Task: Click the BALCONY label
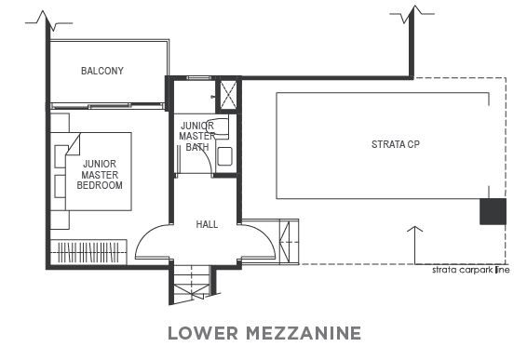pyautogui.click(x=102, y=71)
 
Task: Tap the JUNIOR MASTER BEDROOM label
pyautogui.click(x=100, y=175)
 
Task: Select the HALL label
pyautogui.click(x=207, y=224)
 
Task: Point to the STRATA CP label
pyautogui.click(x=396, y=144)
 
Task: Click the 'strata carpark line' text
pyautogui.click(x=470, y=270)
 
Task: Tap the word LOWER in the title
pyautogui.click(x=203, y=333)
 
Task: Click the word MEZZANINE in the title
pyautogui.click(x=304, y=333)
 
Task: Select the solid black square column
pyautogui.click(x=493, y=211)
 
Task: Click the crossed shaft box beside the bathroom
pyautogui.click(x=228, y=95)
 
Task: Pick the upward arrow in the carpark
pyautogui.click(x=414, y=246)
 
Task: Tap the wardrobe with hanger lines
pyautogui.click(x=88, y=252)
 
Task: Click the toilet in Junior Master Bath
pyautogui.click(x=218, y=127)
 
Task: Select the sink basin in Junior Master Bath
pyautogui.click(x=224, y=156)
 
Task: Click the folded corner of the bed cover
pyautogui.click(x=74, y=144)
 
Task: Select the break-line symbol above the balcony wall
pyautogui.click(x=48, y=20)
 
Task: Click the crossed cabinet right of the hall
pyautogui.click(x=289, y=242)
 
